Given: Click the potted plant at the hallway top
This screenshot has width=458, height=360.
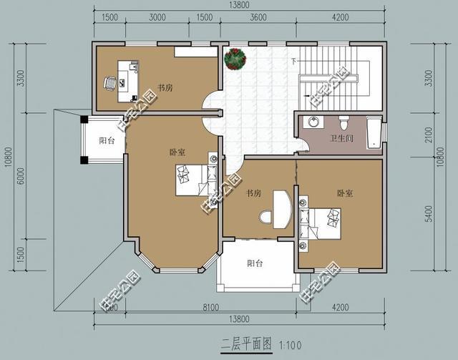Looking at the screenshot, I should tap(235, 59).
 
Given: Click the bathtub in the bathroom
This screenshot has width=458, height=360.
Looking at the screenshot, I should tap(374, 134).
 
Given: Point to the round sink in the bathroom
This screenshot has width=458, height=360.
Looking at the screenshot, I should tap(313, 121).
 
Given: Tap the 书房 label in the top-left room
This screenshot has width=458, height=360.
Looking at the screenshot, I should tap(165, 88).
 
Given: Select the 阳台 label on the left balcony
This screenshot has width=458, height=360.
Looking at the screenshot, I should tap(107, 141).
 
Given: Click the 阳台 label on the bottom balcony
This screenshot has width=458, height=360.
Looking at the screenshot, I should tap(255, 263).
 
